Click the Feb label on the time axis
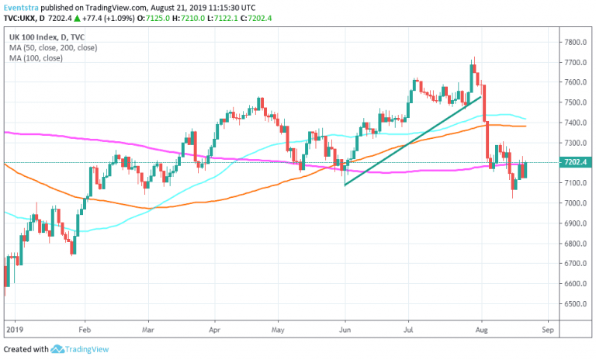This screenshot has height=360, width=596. click(x=85, y=329)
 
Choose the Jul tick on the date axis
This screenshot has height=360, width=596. click(x=408, y=329)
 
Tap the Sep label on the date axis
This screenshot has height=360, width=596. click(x=548, y=329)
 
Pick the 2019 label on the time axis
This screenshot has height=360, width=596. click(x=16, y=329)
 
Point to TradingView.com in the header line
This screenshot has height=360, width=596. click(x=122, y=6)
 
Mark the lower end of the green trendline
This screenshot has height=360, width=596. click(x=344, y=185)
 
